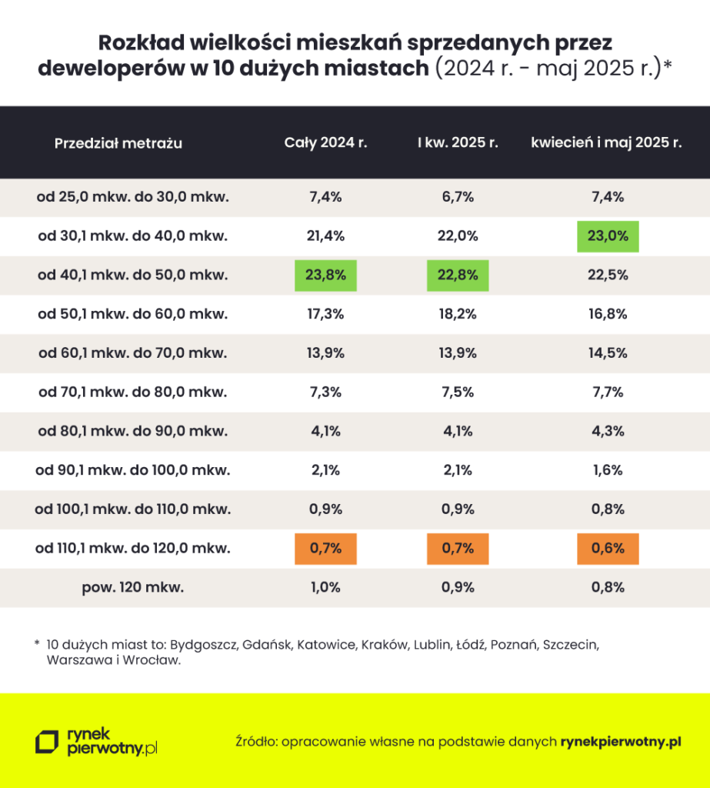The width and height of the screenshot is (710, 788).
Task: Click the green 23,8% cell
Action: coord(325,275)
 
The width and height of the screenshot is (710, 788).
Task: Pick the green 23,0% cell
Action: coord(608,236)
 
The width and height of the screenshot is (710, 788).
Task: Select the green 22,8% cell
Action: coord(458,275)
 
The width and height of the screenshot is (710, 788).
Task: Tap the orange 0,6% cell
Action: coord(608,549)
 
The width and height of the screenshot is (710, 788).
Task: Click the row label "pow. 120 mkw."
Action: coord(132,589)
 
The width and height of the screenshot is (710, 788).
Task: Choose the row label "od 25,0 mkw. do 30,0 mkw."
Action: coord(132,197)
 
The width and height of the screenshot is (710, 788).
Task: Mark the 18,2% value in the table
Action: coord(458,314)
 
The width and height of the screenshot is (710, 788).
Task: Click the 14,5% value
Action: coord(608,353)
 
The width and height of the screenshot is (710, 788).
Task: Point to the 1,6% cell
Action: coord(608,471)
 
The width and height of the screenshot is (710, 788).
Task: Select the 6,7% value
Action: coord(458,197)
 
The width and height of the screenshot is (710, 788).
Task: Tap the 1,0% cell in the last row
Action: coord(325,589)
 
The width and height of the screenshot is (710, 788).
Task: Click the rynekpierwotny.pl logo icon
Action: coord(47,741)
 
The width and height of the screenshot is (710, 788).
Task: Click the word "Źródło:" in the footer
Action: coord(257,742)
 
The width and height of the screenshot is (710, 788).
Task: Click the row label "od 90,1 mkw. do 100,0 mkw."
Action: coord(132,471)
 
